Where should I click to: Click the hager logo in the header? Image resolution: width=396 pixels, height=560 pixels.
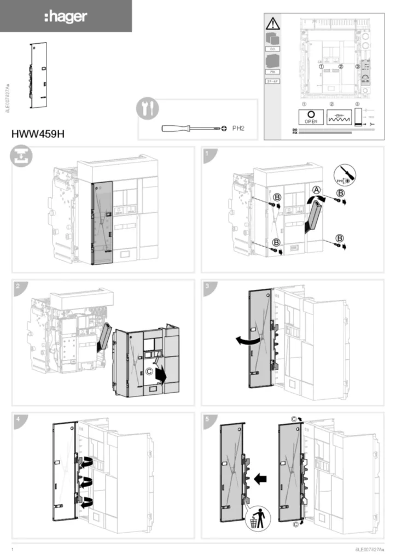pos(65,16)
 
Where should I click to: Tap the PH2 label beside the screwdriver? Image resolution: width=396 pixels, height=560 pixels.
pos(237,129)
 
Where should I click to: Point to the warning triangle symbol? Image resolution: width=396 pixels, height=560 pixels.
pos(272,24)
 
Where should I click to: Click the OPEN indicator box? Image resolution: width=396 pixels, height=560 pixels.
pos(311,118)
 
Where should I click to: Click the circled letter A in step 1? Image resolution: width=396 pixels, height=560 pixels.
pos(316,190)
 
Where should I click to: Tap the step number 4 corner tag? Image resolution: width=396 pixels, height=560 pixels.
pos(20,419)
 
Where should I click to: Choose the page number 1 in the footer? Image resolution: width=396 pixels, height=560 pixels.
pos(13,549)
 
